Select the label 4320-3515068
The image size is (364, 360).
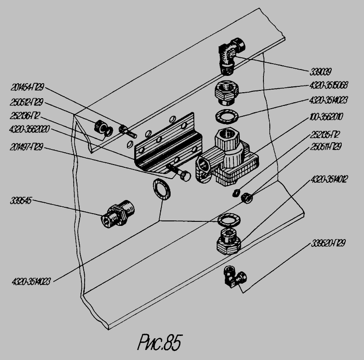[329, 85]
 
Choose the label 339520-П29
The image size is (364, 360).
[328, 243]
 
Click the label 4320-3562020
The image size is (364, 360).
[29, 130]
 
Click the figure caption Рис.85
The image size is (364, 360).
[158, 342]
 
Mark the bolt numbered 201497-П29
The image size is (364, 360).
[178, 173]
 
